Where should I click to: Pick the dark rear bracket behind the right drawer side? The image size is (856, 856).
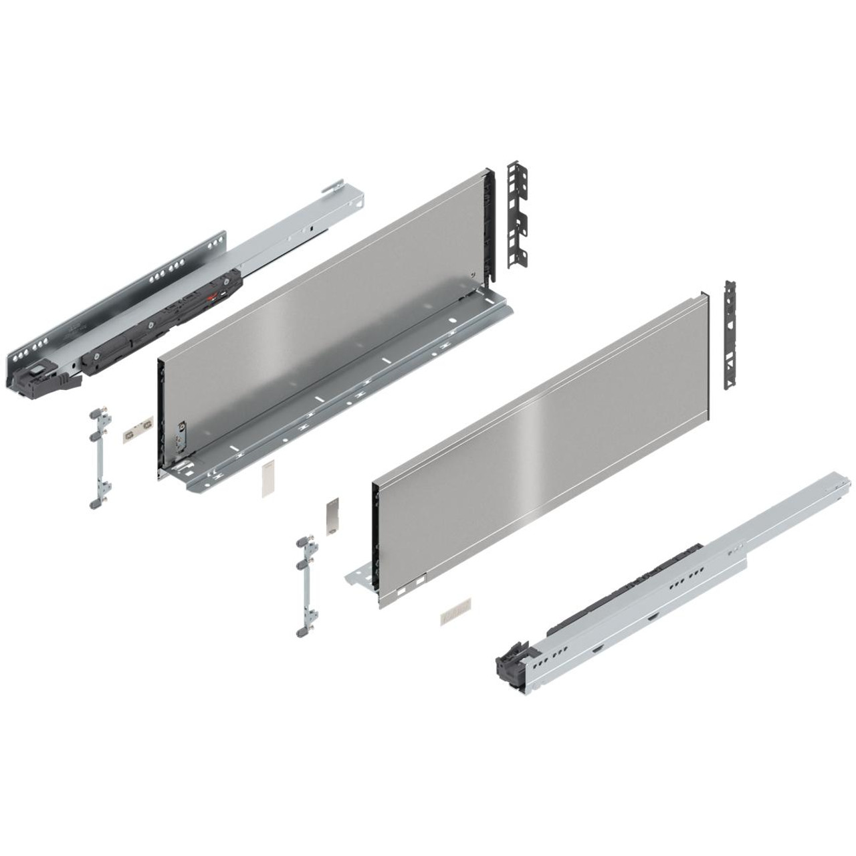tap(731, 334)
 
